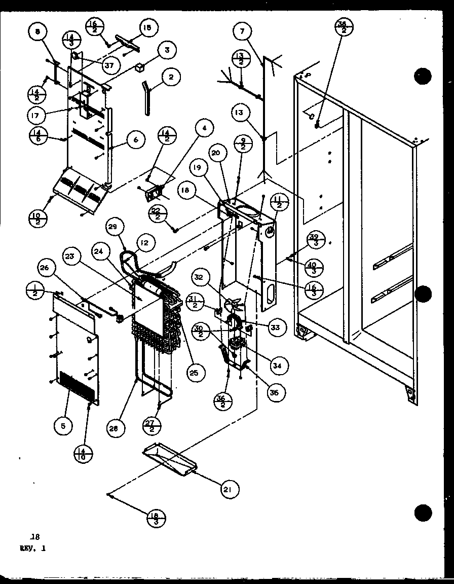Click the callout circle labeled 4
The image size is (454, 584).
(204, 129)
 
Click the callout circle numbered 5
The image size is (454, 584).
(63, 427)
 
